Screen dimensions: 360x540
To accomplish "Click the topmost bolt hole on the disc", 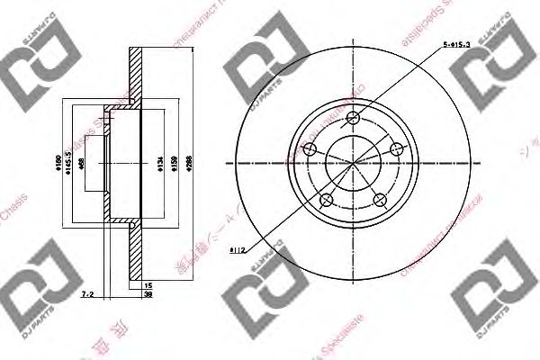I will point(353,117).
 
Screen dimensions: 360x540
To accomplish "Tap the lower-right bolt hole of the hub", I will point(378,199).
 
